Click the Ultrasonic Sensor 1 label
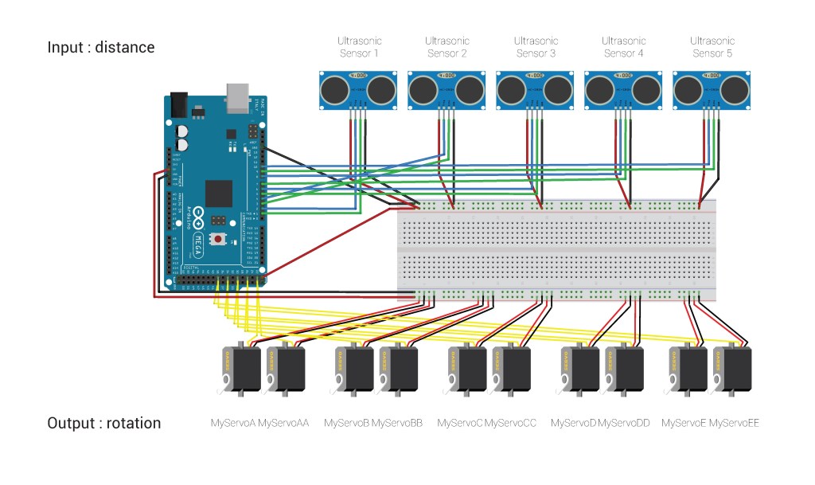[x=359, y=47]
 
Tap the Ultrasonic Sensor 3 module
[x=535, y=90]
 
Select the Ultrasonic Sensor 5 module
[x=711, y=90]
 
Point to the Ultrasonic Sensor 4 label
[x=622, y=47]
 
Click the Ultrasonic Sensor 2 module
[x=446, y=90]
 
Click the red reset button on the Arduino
[x=216, y=239]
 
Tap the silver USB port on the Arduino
[x=238, y=95]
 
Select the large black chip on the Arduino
[x=219, y=194]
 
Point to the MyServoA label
[x=232, y=423]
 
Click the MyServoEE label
[x=734, y=423]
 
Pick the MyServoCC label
[x=510, y=423]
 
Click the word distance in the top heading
[x=125, y=47]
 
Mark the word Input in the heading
[x=65, y=47]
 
